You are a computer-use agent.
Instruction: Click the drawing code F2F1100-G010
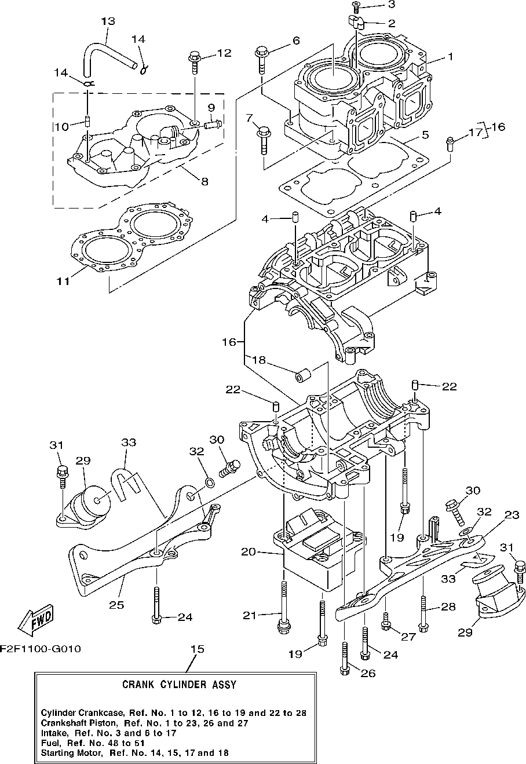coord(41,648)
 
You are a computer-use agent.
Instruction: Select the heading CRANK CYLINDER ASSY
coord(179,685)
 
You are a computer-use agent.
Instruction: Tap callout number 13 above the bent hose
coord(108,21)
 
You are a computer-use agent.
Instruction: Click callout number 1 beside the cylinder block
coord(450,56)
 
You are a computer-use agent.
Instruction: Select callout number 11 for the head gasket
coord(64,282)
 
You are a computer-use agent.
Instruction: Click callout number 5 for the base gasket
coord(425,135)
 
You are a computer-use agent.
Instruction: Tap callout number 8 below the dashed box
coord(204,181)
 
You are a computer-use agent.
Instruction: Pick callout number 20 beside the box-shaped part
coord(249,551)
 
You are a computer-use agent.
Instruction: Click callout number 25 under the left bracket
coord(116,605)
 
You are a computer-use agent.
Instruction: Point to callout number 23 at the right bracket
coord(512,514)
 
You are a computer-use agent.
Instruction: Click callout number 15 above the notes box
coord(198,649)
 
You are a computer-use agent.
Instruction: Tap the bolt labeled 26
coord(345,659)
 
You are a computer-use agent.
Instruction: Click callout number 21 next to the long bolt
coord(250,615)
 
